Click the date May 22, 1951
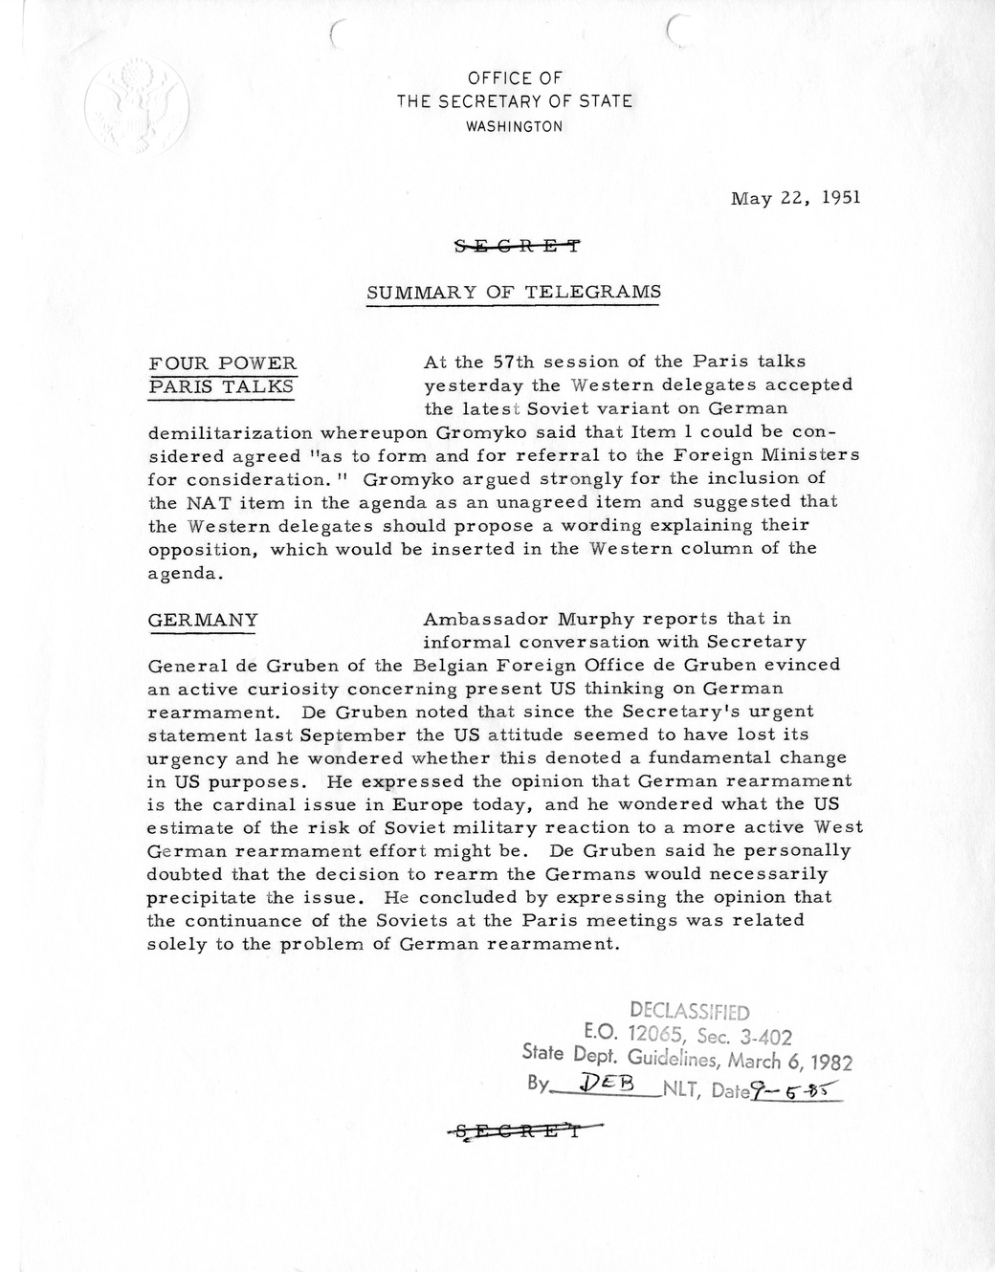pyautogui.click(x=795, y=199)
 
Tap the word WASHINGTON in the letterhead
pyautogui.click(x=514, y=126)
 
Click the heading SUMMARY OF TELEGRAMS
pyautogui.click(x=514, y=292)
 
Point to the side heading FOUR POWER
pyautogui.click(x=223, y=362)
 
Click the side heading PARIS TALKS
pyautogui.click(x=221, y=385)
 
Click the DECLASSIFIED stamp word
pyautogui.click(x=689, y=1012)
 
